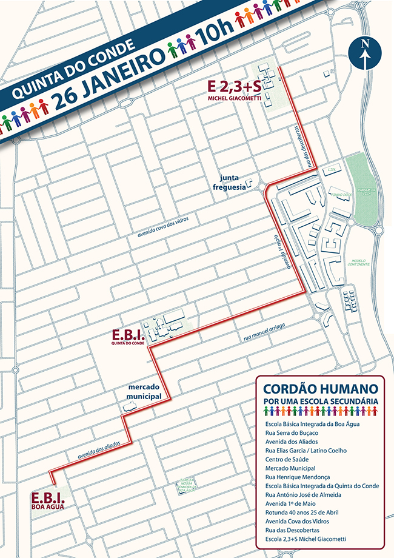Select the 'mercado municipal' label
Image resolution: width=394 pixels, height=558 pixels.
pyautogui.click(x=144, y=391)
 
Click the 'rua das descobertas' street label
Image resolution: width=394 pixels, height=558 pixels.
pyautogui.click(x=307, y=148)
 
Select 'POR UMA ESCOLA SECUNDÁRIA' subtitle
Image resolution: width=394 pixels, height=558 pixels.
pyautogui.click(x=321, y=401)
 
